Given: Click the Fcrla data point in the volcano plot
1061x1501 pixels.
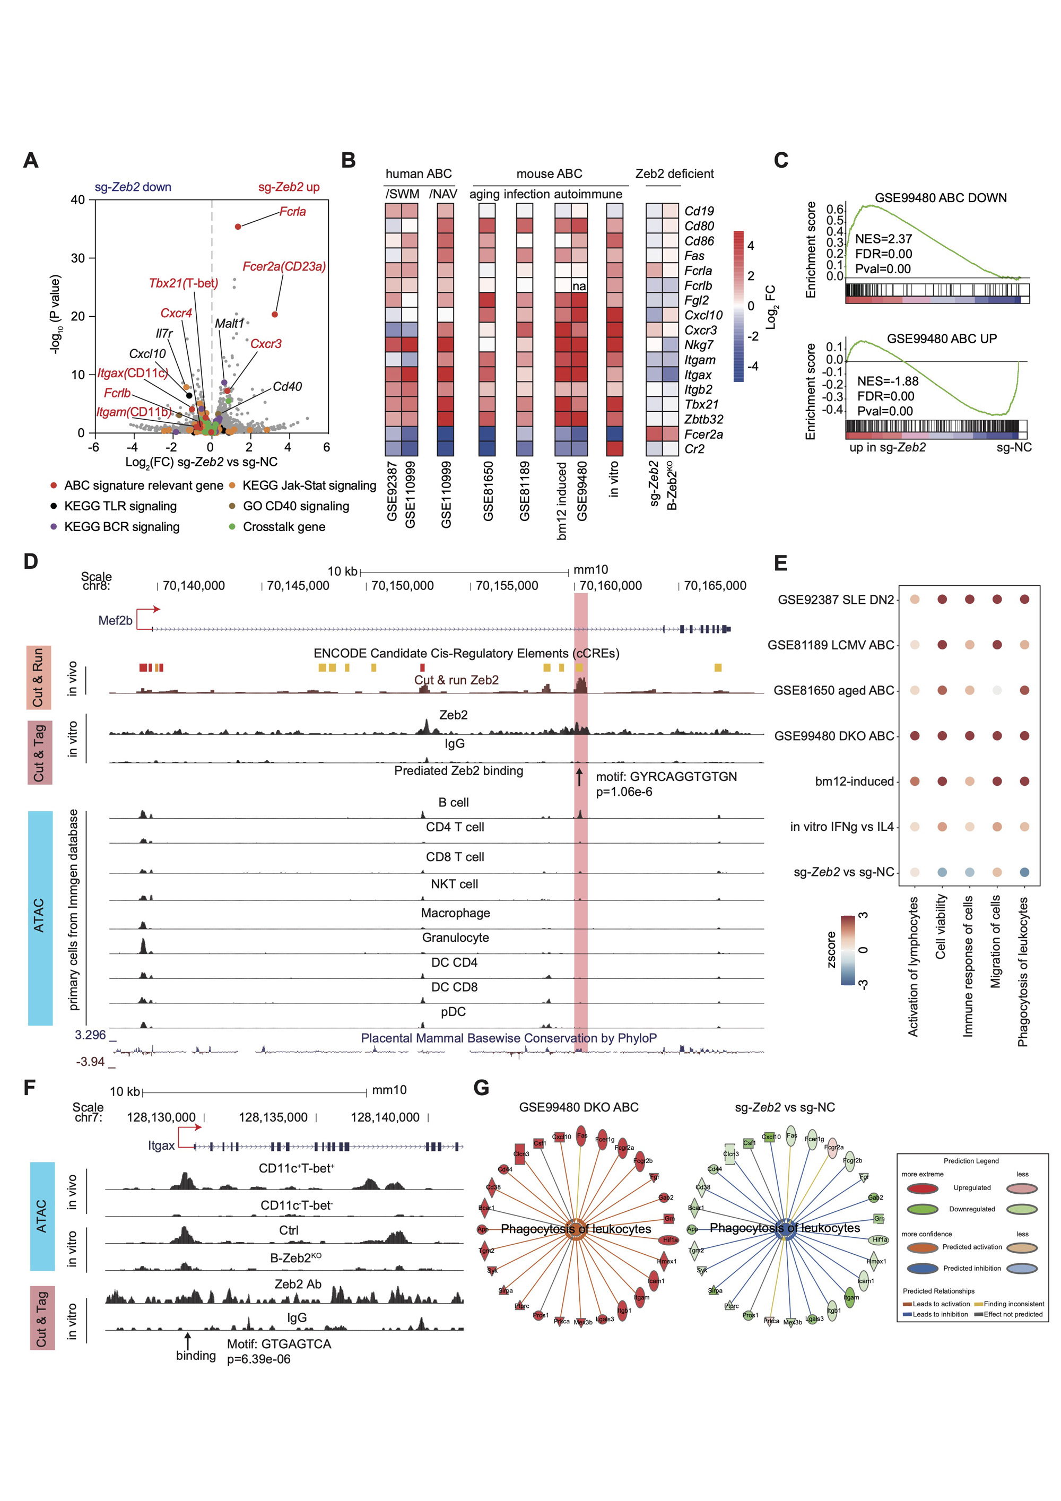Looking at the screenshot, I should [x=238, y=226].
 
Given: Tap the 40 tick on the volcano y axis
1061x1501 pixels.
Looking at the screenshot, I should [x=78, y=199].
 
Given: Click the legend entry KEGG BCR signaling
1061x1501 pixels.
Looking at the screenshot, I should [x=121, y=526].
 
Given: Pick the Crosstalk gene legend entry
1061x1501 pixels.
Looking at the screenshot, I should [x=284, y=526].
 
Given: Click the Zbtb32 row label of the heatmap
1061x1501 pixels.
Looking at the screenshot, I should [x=703, y=419].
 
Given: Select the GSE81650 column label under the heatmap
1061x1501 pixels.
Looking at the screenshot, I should [x=488, y=491].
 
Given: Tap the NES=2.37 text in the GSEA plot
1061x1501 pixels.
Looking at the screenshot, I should [x=883, y=239].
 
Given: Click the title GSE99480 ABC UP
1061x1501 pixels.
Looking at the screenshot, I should [x=941, y=339].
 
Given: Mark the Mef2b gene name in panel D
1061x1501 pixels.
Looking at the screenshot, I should [x=115, y=620].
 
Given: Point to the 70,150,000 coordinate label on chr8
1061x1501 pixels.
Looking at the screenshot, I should [x=402, y=586].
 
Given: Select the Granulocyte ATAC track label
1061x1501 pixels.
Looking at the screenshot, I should [x=455, y=938].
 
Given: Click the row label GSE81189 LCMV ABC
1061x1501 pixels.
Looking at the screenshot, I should [x=830, y=645].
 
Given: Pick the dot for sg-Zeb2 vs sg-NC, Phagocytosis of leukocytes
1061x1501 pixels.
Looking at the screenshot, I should [x=1024, y=872].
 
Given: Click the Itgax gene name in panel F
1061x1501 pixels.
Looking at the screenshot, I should [x=161, y=1146].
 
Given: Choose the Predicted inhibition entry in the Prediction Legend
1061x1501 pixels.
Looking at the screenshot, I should [x=971, y=1268].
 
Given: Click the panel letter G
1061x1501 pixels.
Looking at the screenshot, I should [x=481, y=1088].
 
